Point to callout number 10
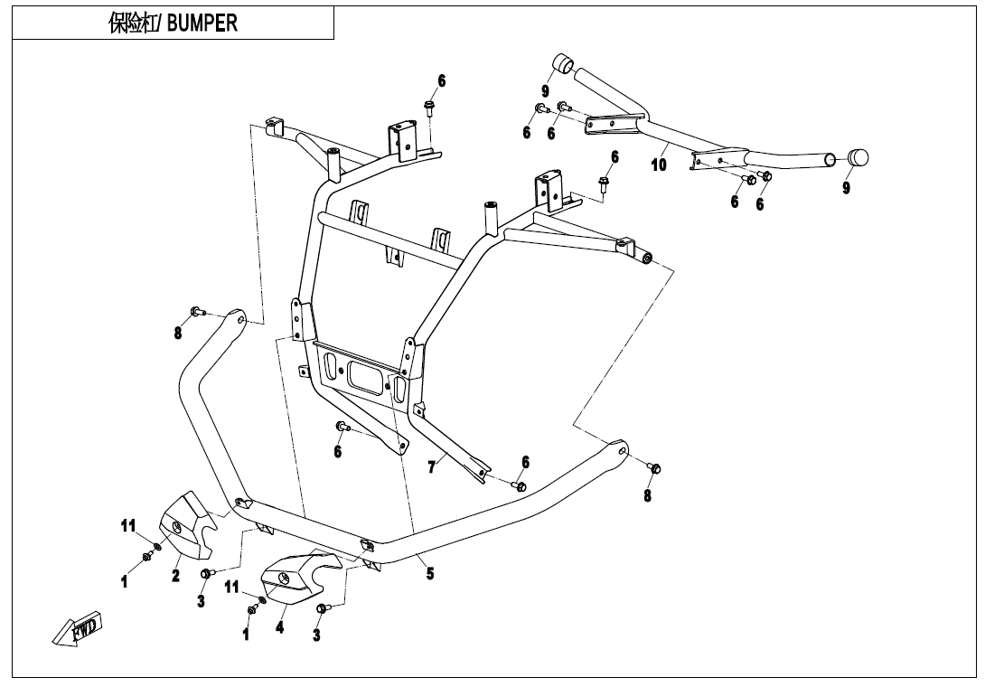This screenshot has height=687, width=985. point(659,165)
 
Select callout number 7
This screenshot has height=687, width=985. point(432,466)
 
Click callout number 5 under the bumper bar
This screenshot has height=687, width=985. point(430,573)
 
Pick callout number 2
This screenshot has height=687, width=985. point(177,576)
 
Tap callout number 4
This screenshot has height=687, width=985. point(280,626)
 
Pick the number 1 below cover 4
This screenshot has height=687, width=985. point(245,635)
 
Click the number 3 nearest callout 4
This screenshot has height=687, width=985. point(316,635)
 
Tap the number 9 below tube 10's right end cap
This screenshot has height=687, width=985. point(846,188)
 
